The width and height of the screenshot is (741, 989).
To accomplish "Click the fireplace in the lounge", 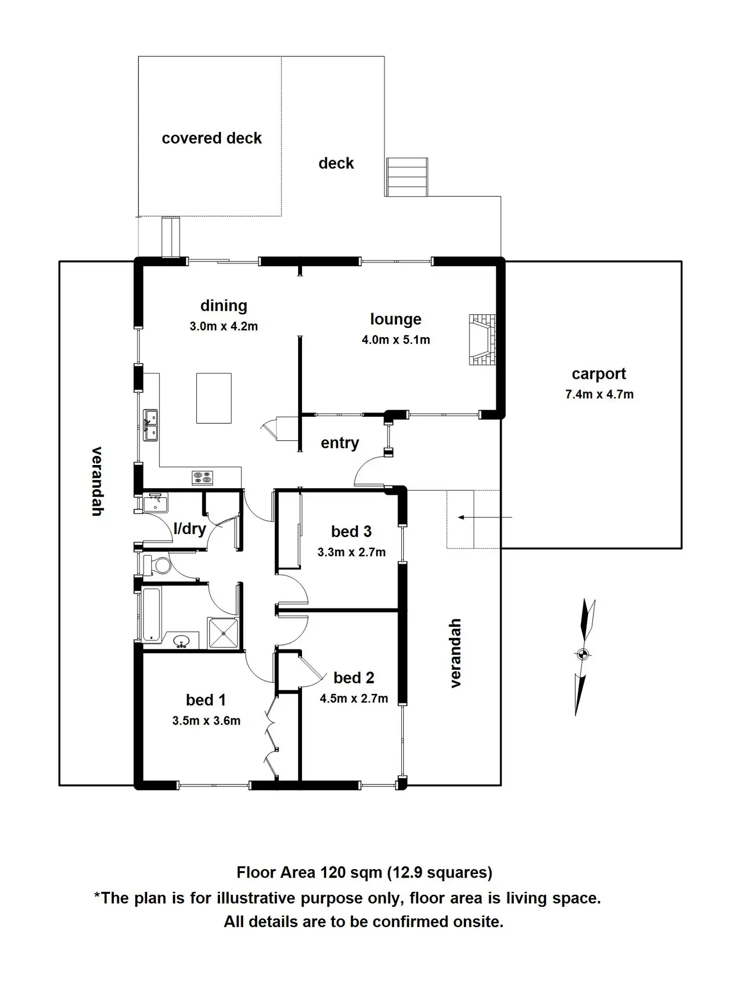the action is pyautogui.click(x=482, y=340).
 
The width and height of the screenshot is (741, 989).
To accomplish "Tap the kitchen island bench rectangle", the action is pyautogui.click(x=214, y=398).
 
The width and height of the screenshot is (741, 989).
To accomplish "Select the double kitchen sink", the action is pyautogui.click(x=150, y=425).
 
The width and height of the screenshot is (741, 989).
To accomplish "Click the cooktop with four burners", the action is pyautogui.click(x=202, y=478).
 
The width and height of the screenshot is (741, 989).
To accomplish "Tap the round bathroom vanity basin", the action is pyautogui.click(x=181, y=641).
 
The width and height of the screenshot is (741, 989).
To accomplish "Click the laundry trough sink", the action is pyautogui.click(x=155, y=503).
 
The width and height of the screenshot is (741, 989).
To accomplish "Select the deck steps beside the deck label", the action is pyautogui.click(x=407, y=177).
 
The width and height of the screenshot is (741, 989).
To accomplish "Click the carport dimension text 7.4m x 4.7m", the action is pyautogui.click(x=599, y=394).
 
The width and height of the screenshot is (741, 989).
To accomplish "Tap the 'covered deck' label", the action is pyautogui.click(x=211, y=139).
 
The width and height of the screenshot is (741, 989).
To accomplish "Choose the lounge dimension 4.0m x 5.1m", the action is pyautogui.click(x=396, y=340).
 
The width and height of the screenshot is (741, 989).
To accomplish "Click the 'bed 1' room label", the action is pyautogui.click(x=206, y=700).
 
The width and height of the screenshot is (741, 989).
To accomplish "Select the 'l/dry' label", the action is pyautogui.click(x=190, y=529).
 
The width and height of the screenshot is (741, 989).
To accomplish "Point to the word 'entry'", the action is pyautogui.click(x=340, y=443).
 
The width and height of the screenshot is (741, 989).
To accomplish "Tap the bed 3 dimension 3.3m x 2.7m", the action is pyautogui.click(x=351, y=552).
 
